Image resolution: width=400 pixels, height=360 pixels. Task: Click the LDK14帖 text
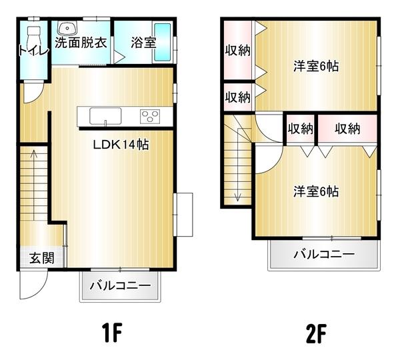[121, 145]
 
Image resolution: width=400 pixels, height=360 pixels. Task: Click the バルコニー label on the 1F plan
[121, 287]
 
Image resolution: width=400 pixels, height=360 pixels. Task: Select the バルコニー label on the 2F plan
[323, 254]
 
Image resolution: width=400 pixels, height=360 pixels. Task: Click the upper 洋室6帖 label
[316, 66]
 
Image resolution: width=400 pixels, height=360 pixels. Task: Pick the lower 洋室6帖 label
[316, 191]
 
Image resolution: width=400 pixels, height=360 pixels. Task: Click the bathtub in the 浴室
[163, 42]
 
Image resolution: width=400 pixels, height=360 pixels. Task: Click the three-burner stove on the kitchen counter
[150, 117]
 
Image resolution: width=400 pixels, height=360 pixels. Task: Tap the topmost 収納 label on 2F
[237, 50]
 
